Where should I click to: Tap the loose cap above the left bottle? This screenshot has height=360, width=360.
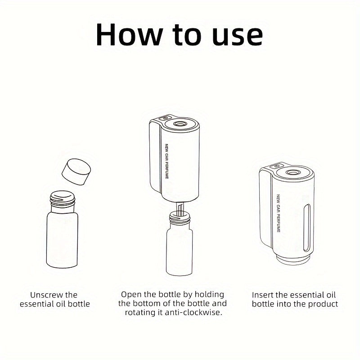pyautogui.click(x=76, y=171)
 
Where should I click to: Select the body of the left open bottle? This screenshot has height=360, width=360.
pyautogui.click(x=62, y=239)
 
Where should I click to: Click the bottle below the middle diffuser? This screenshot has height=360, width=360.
pyautogui.click(x=180, y=244)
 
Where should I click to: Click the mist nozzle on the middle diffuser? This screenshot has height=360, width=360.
pyautogui.click(x=180, y=124)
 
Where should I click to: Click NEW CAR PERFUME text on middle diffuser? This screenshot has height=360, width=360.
pyautogui.click(x=166, y=161)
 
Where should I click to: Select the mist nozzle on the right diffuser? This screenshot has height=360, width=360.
pyautogui.click(x=293, y=172)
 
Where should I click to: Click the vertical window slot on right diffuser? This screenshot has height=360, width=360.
pyautogui.click(x=306, y=227)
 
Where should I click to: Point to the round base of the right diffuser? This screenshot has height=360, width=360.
pyautogui.click(x=293, y=260)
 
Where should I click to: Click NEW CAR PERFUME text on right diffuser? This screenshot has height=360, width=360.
pyautogui.click(x=278, y=213)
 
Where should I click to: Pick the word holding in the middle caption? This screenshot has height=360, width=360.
pyautogui.click(x=209, y=295)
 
